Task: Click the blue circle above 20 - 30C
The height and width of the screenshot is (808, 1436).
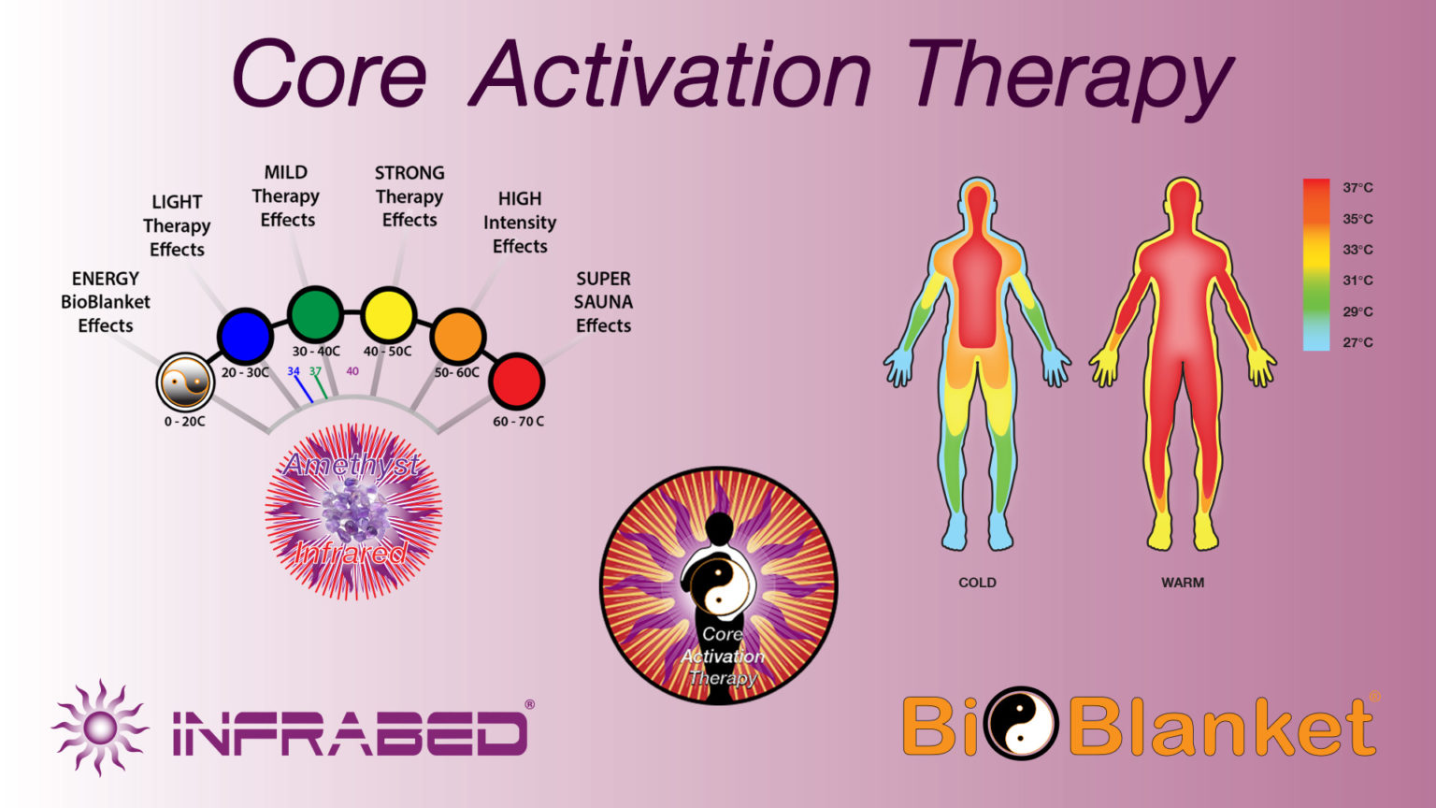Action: (245, 336)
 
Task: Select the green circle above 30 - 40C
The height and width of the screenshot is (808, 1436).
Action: (315, 314)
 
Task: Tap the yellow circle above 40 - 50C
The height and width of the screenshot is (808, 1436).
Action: (388, 315)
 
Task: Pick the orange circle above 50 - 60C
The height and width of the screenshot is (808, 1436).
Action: (457, 336)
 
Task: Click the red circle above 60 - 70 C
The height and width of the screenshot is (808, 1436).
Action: (516, 381)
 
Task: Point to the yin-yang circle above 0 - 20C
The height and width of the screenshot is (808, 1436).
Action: (185, 382)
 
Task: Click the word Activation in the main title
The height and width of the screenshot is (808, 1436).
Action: (670, 75)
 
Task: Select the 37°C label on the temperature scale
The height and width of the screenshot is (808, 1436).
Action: (1357, 188)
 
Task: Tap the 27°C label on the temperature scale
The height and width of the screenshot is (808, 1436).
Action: (1357, 342)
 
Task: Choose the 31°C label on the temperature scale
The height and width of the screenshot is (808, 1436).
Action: (1357, 281)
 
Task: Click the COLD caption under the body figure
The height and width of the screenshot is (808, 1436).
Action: (977, 583)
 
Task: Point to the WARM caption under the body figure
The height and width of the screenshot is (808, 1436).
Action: (1183, 583)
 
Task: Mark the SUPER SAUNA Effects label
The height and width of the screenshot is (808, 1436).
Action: (603, 302)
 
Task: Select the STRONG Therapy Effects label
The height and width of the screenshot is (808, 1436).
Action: (409, 196)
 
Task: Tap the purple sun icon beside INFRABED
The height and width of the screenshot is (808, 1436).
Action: (100, 728)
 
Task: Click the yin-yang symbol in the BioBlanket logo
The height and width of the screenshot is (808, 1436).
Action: (1024, 723)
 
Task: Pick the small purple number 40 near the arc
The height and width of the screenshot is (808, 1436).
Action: (352, 371)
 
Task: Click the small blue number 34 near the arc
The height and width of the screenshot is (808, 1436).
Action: (294, 371)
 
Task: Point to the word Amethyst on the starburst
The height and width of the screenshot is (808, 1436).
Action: (352, 464)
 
